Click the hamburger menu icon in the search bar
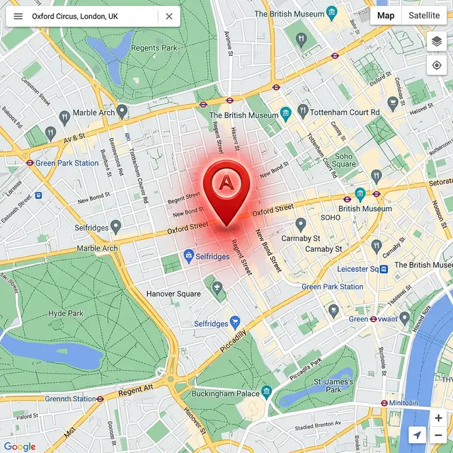tap(18, 16)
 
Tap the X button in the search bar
tap(168, 16)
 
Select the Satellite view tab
tap(424, 16)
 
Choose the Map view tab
tap(386, 16)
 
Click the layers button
tap(437, 42)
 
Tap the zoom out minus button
tap(438, 435)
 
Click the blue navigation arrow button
tap(418, 435)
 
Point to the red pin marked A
tap(226, 185)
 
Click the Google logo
tap(20, 446)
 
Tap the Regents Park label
tap(154, 48)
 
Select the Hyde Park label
tap(66, 313)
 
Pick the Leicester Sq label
tap(357, 269)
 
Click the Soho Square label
tap(344, 161)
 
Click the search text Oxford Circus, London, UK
tap(75, 16)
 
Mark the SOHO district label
tap(331, 217)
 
